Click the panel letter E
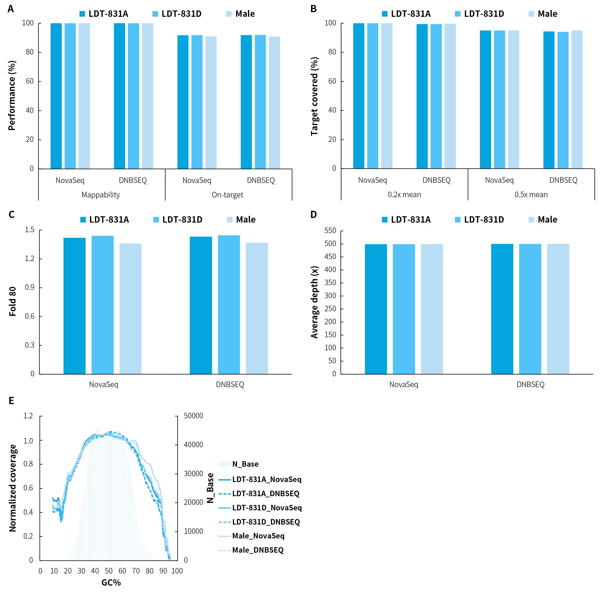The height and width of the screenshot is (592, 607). (x=11, y=401)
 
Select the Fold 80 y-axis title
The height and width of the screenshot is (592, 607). (x=12, y=302)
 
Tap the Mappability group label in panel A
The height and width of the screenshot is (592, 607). (x=100, y=195)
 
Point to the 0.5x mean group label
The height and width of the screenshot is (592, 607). (x=531, y=195)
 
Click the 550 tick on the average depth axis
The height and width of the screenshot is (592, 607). (x=330, y=231)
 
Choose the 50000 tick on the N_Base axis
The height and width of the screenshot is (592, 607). (x=193, y=416)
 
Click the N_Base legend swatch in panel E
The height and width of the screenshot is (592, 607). (x=225, y=464)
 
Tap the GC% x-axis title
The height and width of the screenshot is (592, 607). (x=111, y=583)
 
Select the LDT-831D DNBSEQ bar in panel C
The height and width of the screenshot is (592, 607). (x=229, y=305)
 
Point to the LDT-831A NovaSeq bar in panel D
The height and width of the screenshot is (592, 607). (x=376, y=309)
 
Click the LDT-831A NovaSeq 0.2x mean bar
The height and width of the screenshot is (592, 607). (x=358, y=96)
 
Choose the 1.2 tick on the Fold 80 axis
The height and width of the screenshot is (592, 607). (x=30, y=259)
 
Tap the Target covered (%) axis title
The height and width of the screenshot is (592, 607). (x=314, y=96)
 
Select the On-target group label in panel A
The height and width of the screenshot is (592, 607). (x=227, y=195)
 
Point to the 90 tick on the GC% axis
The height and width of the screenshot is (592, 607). (x=163, y=571)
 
